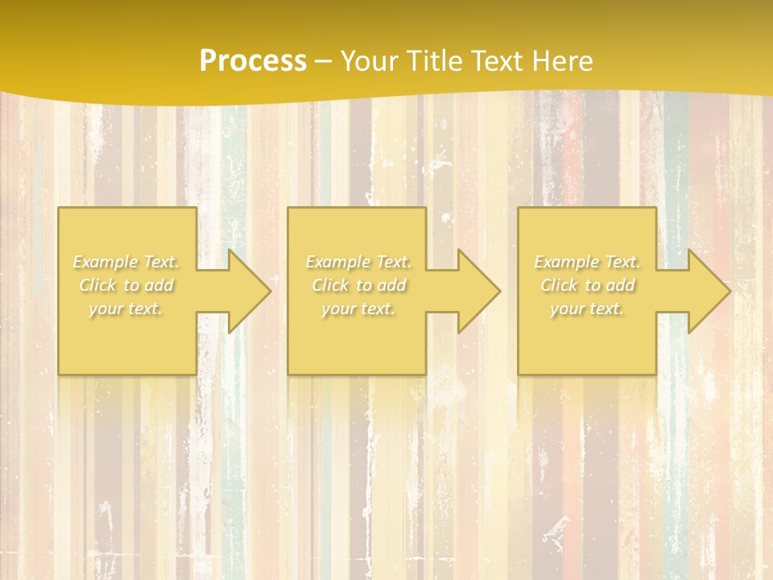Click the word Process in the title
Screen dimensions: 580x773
click(253, 61)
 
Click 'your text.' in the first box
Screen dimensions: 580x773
click(126, 309)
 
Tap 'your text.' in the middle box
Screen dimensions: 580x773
click(358, 309)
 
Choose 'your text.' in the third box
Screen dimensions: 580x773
click(587, 309)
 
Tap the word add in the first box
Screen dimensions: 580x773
click(159, 285)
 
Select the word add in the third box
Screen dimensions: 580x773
click(621, 285)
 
